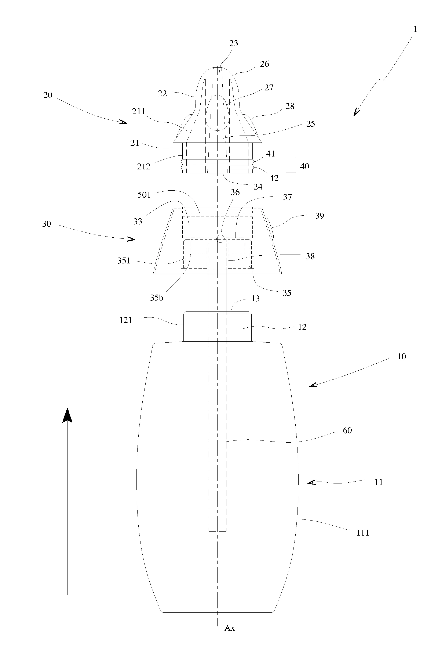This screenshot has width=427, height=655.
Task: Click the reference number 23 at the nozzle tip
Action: (x=233, y=43)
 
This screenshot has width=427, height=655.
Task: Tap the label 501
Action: (x=144, y=195)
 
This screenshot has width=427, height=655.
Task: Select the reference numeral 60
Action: (x=347, y=431)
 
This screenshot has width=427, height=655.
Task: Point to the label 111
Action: (x=362, y=533)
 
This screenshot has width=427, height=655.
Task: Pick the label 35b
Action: (x=156, y=298)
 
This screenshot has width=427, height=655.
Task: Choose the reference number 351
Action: (x=124, y=261)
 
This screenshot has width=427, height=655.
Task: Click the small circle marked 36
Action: (x=220, y=238)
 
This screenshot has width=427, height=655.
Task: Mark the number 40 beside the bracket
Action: (x=304, y=166)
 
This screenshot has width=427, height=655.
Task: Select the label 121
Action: (x=126, y=320)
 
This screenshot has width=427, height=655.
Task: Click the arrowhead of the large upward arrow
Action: (x=67, y=415)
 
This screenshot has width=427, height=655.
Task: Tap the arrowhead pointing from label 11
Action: (x=310, y=482)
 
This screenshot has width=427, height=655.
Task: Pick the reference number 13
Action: (x=255, y=299)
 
